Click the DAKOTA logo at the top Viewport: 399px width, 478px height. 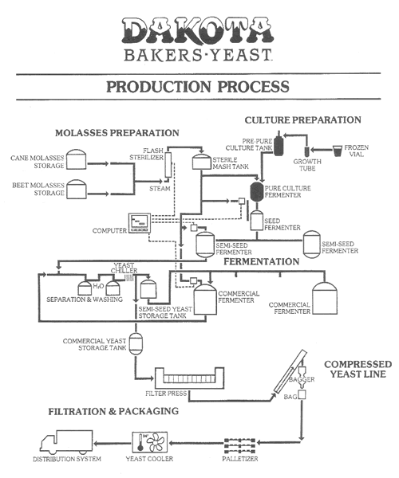(x=198, y=31)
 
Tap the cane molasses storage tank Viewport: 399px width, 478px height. (x=77, y=159)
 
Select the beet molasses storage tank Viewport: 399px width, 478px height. (x=77, y=190)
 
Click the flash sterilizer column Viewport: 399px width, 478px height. (x=168, y=165)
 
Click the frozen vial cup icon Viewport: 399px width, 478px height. (x=337, y=151)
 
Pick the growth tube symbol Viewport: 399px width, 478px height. (x=306, y=152)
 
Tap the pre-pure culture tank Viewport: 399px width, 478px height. (x=278, y=144)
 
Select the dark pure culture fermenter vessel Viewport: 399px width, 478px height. (x=257, y=192)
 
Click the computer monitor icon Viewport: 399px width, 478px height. (x=140, y=223)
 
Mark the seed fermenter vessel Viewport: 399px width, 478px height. (x=257, y=221)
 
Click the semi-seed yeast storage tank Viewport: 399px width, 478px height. (x=148, y=289)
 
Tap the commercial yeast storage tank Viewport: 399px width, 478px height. (x=136, y=343)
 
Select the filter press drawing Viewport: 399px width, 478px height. (x=189, y=378)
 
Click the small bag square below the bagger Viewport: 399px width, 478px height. (x=302, y=394)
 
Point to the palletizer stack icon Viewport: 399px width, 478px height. (x=239, y=445)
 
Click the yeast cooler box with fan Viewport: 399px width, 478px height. (x=149, y=442)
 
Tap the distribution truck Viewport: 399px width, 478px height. (x=66, y=442)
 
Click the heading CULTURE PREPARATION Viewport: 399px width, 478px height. (x=302, y=119)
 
